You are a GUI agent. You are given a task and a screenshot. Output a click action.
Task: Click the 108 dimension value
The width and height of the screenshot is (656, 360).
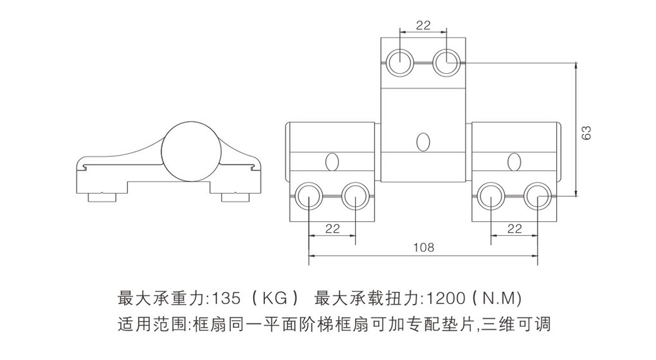click(423, 247)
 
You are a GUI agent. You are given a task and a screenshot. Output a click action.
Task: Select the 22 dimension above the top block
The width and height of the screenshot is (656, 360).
click(423, 26)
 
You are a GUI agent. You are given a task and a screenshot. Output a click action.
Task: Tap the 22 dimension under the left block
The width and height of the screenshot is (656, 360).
click(333, 228)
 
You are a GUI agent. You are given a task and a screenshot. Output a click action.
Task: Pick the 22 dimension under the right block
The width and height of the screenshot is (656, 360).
click(515, 228)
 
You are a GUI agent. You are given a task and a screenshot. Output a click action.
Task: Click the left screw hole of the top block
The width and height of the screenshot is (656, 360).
click(400, 63)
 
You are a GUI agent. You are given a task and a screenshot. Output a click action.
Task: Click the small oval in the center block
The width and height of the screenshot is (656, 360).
click(423, 141)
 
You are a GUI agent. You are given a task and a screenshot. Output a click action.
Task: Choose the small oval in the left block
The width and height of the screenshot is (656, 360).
click(332, 161)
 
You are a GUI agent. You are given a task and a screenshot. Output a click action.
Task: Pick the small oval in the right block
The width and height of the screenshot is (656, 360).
click(513, 161)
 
